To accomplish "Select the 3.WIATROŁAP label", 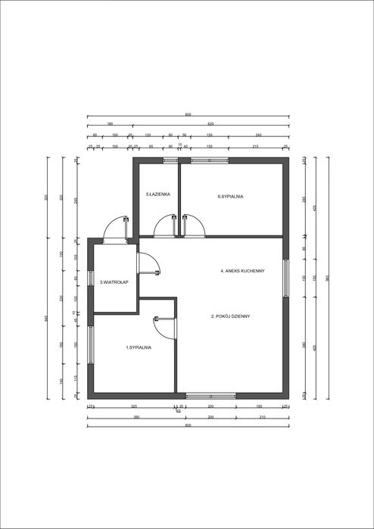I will [x=114, y=282].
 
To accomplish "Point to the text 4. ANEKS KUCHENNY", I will [x=242, y=271].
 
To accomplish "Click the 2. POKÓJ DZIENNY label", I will [x=230, y=316].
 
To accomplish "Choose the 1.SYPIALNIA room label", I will [x=139, y=347].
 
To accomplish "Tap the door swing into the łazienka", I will [x=164, y=226].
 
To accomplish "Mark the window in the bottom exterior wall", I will [x=211, y=395].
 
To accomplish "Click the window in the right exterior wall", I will [x=285, y=278].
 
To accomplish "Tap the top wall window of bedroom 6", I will [x=210, y=160].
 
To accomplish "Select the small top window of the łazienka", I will [x=170, y=160].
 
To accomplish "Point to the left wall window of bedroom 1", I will [x=90, y=347].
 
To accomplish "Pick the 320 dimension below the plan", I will [x=134, y=406].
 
